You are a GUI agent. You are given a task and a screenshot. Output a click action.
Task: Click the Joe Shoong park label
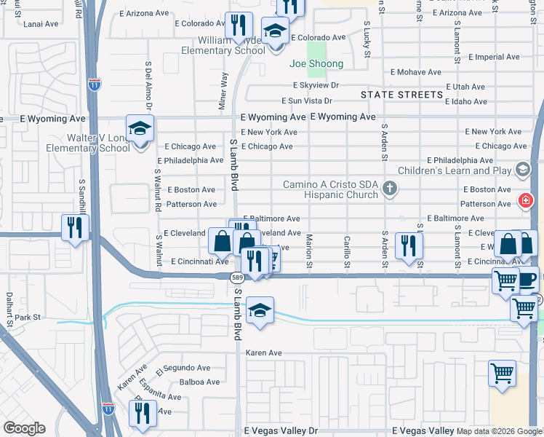click(316, 64)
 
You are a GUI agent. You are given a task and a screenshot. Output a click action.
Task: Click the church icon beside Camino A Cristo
click(390, 189)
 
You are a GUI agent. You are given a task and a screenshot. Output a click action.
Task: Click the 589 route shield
click(237, 277)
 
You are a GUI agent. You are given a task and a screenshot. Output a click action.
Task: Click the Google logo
click(23, 428)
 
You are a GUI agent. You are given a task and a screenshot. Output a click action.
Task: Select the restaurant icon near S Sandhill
click(75, 227)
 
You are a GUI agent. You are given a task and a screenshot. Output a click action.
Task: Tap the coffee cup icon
click(527, 278)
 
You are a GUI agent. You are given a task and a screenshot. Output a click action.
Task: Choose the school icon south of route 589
click(260, 310)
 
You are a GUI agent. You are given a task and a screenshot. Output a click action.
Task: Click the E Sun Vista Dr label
click(307, 101)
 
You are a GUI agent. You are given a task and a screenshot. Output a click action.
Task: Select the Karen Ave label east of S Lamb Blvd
click(263, 353)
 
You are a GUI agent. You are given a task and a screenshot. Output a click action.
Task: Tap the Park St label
click(31, 318)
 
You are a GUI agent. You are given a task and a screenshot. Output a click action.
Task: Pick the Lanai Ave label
click(41, 24)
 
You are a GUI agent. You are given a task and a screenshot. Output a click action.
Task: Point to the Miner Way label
click(223, 90)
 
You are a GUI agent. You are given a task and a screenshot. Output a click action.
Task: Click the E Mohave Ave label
click(416, 72)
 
